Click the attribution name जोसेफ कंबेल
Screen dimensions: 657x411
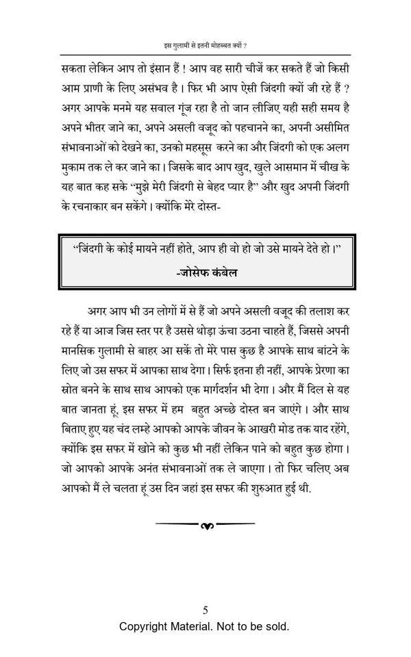point(206,272)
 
